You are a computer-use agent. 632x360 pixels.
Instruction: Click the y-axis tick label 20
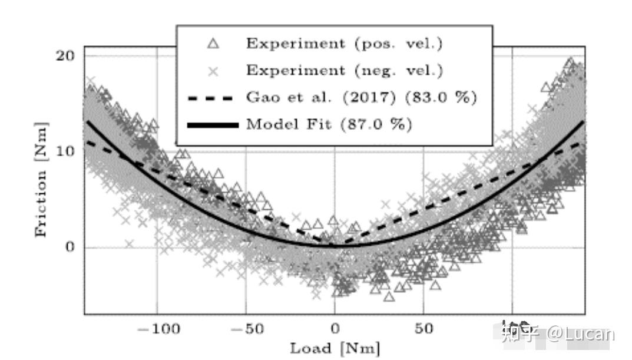(67, 55)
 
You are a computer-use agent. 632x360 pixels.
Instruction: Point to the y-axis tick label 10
(67, 151)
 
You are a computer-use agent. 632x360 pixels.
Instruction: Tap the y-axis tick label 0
(71, 247)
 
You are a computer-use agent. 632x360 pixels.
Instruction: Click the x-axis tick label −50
(246, 328)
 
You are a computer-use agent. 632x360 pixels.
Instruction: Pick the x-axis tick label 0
(335, 328)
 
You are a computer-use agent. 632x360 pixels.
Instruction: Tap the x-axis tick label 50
(423, 328)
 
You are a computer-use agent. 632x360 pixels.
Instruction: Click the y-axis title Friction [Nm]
(41, 179)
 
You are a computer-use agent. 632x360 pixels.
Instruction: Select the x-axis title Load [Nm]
(335, 348)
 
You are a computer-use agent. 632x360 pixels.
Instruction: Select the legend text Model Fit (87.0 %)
(329, 125)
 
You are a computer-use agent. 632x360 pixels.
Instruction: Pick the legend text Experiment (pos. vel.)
(344, 44)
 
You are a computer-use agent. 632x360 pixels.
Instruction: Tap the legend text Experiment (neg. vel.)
(344, 71)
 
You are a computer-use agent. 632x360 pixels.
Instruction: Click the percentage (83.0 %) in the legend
(447, 98)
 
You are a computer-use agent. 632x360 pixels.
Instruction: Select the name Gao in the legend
(260, 98)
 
